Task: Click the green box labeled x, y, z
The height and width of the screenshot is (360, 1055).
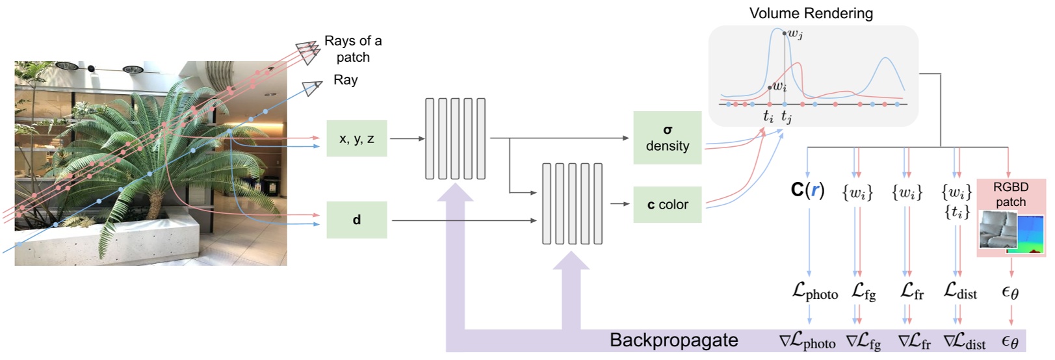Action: point(356,138)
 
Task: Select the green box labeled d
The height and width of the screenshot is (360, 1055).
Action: point(356,220)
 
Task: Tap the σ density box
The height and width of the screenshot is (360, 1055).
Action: point(667,138)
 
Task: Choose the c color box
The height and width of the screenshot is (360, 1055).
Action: point(667,205)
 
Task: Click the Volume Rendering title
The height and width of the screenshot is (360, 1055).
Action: point(811,13)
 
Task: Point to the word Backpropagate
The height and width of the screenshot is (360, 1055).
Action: point(673,341)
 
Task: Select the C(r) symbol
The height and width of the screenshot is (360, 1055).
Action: point(807,190)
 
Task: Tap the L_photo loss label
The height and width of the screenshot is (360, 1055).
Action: point(814,292)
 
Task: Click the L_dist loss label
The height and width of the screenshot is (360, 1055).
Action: point(960,292)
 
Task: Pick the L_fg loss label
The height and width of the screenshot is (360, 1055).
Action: point(863,292)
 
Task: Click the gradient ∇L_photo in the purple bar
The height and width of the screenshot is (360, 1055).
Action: point(807,342)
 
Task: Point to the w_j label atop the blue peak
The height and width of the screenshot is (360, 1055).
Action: point(795,34)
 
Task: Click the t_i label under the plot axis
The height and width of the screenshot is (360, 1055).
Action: point(768,117)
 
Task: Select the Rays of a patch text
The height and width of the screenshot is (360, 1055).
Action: point(353,49)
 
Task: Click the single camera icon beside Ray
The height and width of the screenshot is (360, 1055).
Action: point(313,87)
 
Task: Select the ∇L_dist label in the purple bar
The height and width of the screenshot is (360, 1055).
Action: point(964,342)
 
